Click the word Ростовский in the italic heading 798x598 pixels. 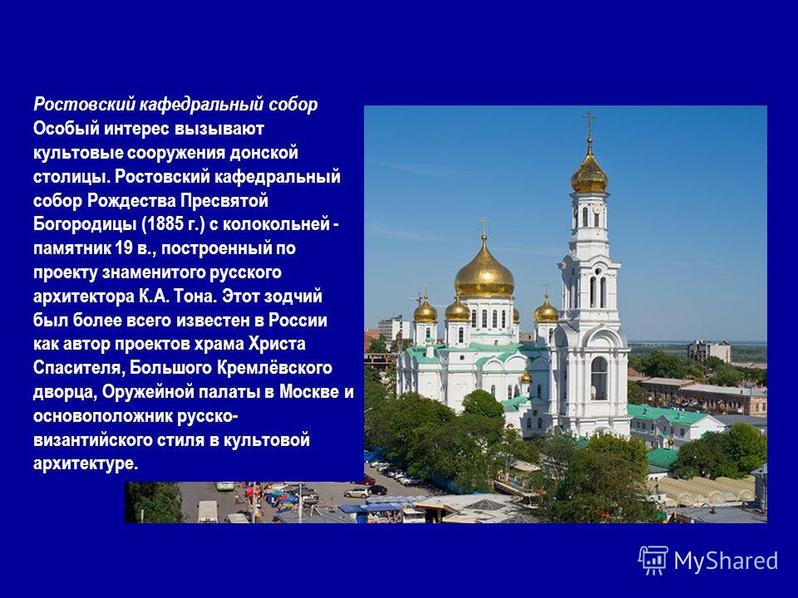point(84,105)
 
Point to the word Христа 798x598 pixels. point(277,344)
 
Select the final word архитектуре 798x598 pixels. point(86,463)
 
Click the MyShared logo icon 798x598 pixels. point(653,561)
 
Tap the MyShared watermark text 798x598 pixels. point(727,561)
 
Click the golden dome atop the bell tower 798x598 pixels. point(589,173)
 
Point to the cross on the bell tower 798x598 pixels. point(589,124)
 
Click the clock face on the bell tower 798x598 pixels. point(597,209)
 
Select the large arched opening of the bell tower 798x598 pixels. point(599,378)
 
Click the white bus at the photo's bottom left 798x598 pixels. point(207,512)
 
